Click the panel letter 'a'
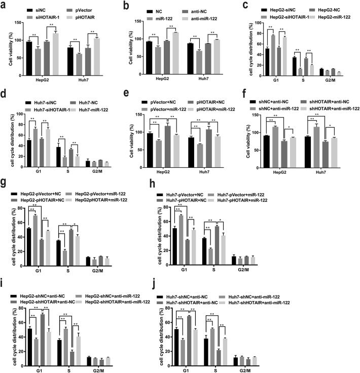pos(4,4)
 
